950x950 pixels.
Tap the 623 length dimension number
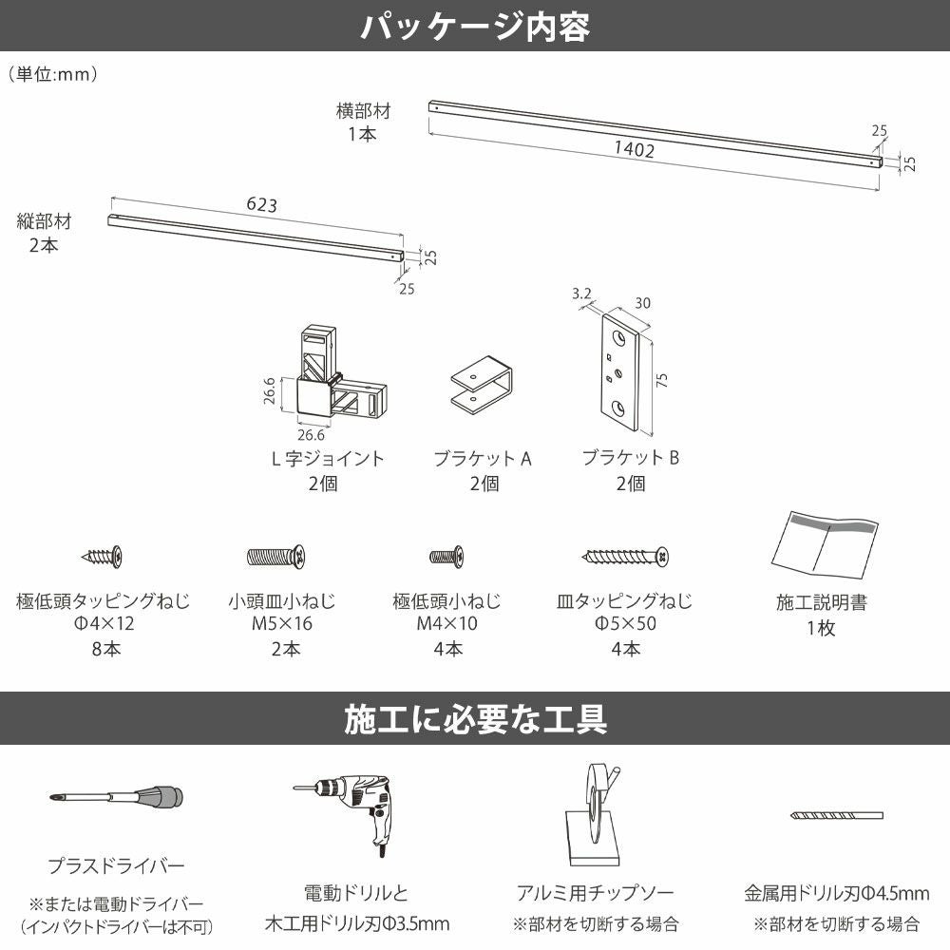[261, 203]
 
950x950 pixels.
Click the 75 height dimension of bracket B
[662, 380]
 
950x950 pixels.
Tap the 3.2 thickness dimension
[580, 295]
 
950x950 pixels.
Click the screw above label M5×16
[275, 554]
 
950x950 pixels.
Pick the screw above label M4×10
[446, 555]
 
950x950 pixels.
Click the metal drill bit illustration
[836, 815]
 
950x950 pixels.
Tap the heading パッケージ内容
[475, 26]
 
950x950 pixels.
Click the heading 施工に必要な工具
[475, 718]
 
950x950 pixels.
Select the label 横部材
[363, 111]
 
